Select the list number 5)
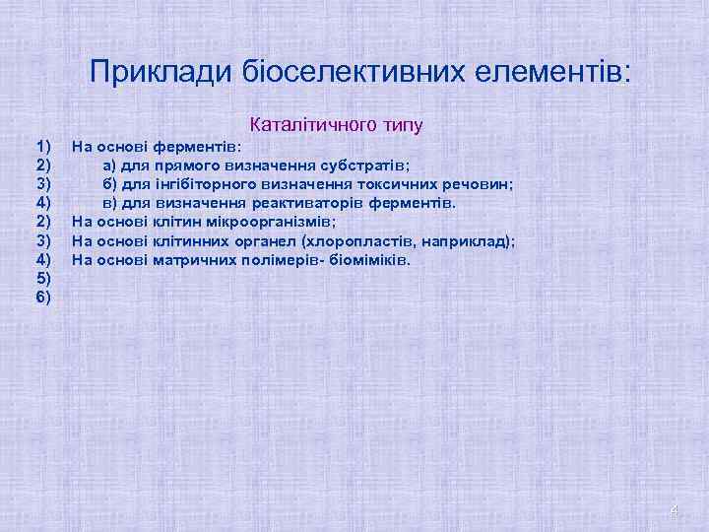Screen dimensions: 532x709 coord(43,279)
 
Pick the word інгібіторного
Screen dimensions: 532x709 coord(206,184)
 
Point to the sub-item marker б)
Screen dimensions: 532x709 coord(110,184)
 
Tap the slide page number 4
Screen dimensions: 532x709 coord(674,510)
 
